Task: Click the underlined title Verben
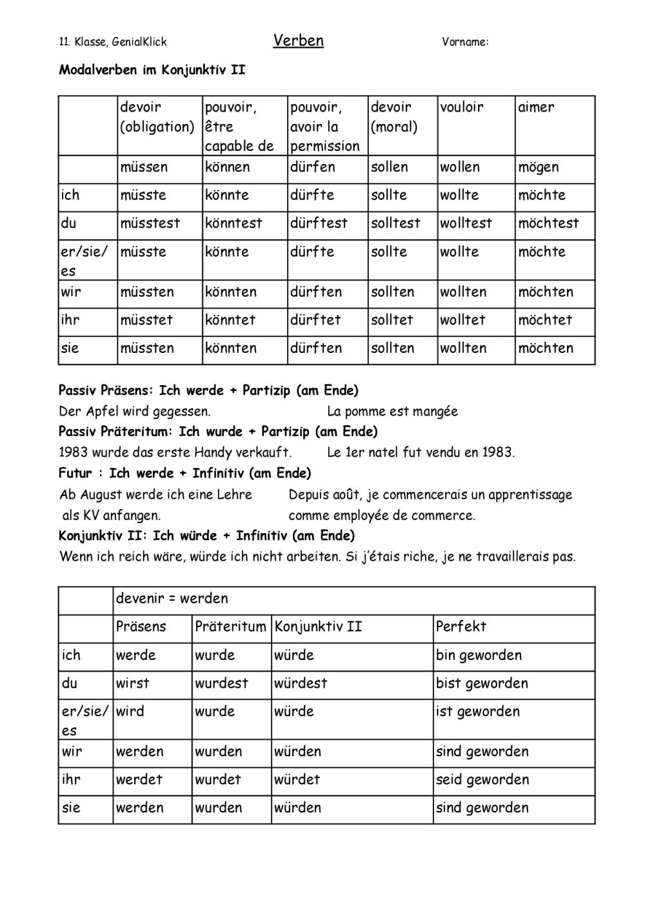pyautogui.click(x=298, y=41)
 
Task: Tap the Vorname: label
pyautogui.click(x=465, y=43)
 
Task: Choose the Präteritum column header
pyautogui.click(x=230, y=627)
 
